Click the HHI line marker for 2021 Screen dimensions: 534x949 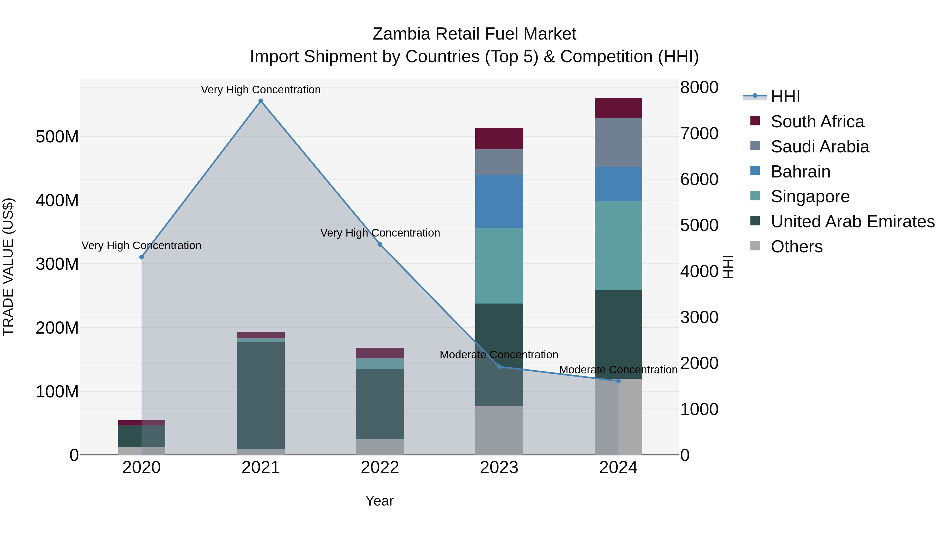(261, 101)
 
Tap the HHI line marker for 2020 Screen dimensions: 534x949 (142, 257)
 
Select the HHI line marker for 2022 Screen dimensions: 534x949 (380, 244)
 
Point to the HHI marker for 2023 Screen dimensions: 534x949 (499, 367)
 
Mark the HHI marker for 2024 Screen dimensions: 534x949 (618, 381)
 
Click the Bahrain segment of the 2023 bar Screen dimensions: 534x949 (499, 201)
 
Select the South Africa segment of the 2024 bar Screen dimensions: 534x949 (618, 108)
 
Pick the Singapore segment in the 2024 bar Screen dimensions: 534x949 (618, 246)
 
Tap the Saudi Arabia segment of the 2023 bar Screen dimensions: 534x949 (499, 162)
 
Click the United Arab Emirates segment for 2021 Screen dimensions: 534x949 (261, 396)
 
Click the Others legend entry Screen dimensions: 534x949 (796, 247)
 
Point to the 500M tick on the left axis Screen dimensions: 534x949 (57, 137)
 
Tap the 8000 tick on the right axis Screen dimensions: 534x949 (699, 88)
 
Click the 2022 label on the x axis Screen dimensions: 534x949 (380, 468)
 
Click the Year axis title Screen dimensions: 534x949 (379, 501)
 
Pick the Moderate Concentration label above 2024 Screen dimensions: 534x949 (618, 370)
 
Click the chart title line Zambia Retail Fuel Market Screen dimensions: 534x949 (474, 34)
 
